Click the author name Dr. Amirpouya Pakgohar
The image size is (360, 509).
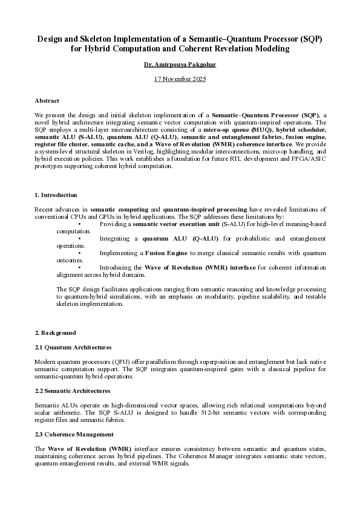180,63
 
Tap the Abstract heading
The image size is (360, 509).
47,101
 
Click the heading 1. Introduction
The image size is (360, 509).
56,195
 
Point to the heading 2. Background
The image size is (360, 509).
55,332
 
